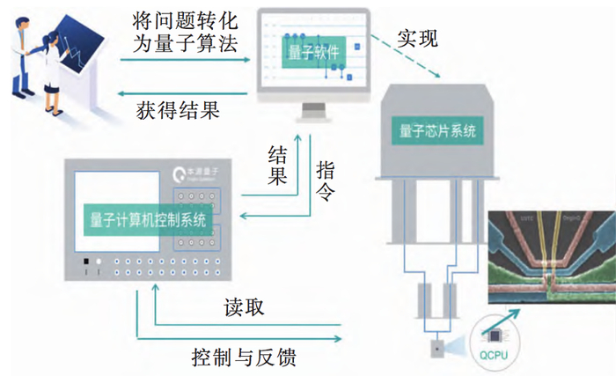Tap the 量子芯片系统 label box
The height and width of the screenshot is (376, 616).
(x=437, y=132)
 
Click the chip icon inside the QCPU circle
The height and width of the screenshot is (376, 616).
(x=495, y=334)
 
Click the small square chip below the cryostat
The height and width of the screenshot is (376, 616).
(x=436, y=347)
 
